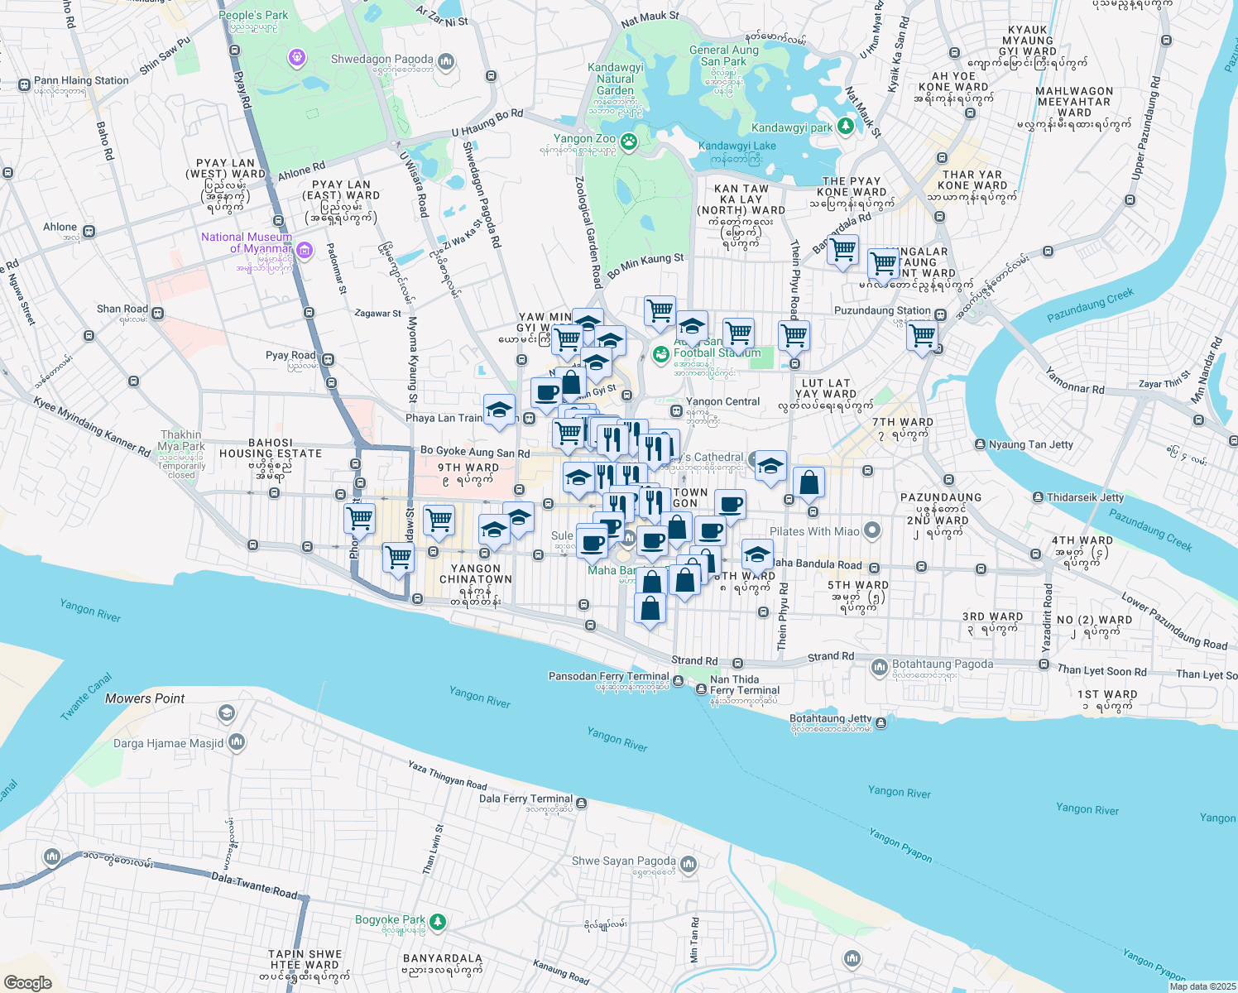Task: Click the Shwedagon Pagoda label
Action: tap(381, 60)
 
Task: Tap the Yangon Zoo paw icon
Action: tap(630, 141)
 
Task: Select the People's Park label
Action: tap(253, 16)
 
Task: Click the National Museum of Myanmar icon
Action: tap(304, 249)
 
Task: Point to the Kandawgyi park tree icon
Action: tap(845, 126)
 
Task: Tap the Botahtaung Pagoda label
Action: tap(943, 664)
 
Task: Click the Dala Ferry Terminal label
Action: tap(525, 799)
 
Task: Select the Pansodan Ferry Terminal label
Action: tap(608, 676)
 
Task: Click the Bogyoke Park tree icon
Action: tap(438, 921)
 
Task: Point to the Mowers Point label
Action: tap(145, 698)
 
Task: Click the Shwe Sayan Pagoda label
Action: tap(624, 861)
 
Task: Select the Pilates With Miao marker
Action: tap(871, 530)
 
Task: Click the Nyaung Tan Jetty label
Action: tap(1030, 444)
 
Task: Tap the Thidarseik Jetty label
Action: tap(1085, 497)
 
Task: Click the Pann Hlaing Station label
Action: tap(81, 80)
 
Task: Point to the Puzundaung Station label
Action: tap(882, 311)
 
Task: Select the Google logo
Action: tap(28, 982)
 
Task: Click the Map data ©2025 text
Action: tap(1202, 986)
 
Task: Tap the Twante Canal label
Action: tap(86, 698)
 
